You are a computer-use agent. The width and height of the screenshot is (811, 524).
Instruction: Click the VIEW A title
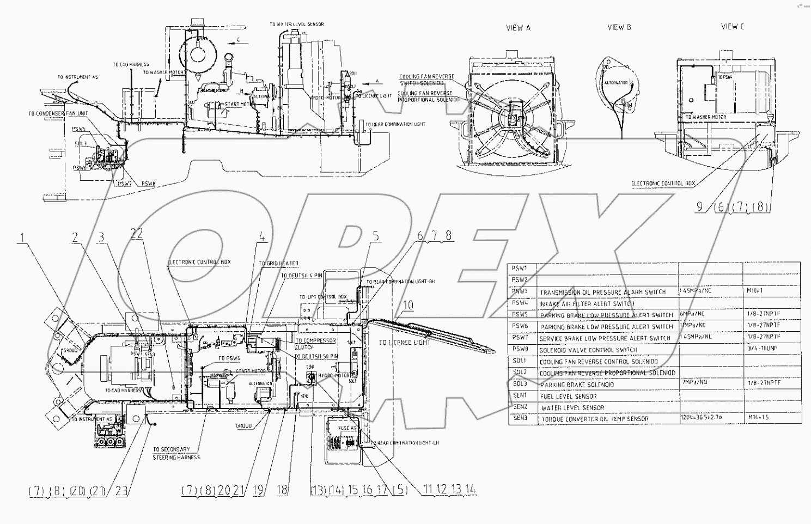click(x=518, y=28)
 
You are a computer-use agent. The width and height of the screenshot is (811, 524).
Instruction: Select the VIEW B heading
click(x=619, y=27)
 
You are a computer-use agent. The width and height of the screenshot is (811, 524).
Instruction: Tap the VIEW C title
click(x=732, y=26)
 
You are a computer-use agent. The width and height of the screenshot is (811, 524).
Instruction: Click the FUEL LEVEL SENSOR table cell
click(x=568, y=397)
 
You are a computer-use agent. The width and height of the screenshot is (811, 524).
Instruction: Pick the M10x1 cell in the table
click(x=755, y=291)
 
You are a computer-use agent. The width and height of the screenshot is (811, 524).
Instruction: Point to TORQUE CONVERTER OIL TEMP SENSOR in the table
click(x=595, y=419)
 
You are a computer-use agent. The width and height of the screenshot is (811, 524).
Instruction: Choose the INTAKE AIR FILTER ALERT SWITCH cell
click(x=586, y=303)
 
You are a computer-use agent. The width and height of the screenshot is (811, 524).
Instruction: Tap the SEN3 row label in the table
click(x=520, y=418)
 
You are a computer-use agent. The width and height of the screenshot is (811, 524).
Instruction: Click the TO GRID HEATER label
click(x=278, y=264)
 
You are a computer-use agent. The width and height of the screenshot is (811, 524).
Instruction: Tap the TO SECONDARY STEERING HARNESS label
click(x=176, y=453)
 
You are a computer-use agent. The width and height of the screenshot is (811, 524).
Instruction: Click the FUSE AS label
click(x=347, y=428)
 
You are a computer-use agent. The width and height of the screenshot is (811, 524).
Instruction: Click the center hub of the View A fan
click(x=512, y=117)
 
